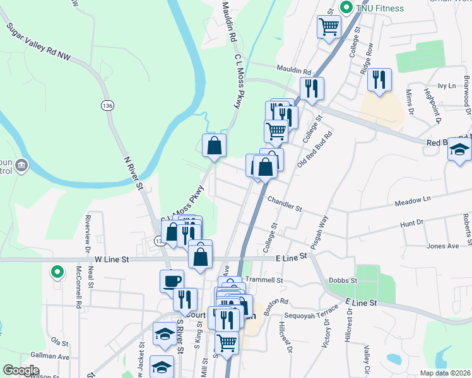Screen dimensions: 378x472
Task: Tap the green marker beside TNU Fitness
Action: (x=346, y=8)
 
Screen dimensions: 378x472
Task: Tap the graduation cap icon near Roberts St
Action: (x=460, y=151)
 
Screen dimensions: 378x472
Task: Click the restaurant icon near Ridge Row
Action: (x=379, y=79)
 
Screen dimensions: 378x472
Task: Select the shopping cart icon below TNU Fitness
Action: (x=329, y=27)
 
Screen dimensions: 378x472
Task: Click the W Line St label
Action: (x=112, y=259)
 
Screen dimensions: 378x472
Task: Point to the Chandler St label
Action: (x=285, y=203)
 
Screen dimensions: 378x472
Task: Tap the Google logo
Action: (x=21, y=370)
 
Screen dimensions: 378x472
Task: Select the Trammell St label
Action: (x=263, y=280)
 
